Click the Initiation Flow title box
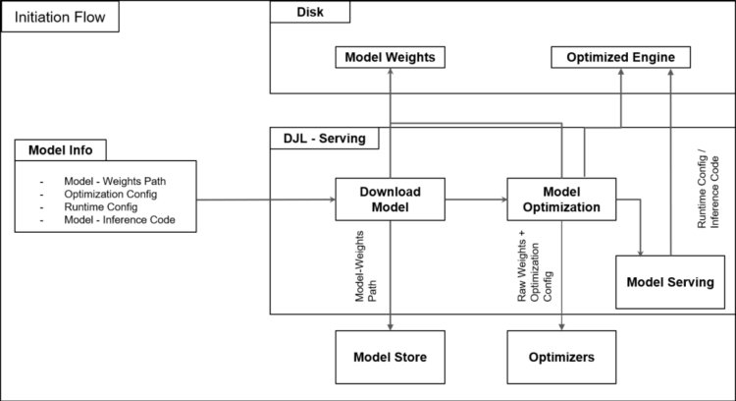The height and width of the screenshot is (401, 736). [61, 18]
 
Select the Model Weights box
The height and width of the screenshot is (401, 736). [390, 58]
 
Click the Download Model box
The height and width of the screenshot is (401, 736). [390, 200]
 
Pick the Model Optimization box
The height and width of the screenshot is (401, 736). [561, 200]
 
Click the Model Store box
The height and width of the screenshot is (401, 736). [390, 358]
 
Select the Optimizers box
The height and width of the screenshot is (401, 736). [561, 358]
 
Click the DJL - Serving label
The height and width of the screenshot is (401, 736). [319, 140]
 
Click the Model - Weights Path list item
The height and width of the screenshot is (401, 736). [114, 180]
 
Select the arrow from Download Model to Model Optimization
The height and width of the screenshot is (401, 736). [475, 200]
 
